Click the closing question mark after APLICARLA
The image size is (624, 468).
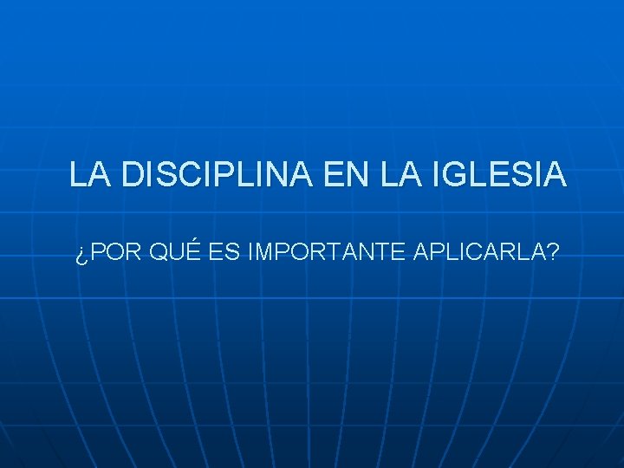click(x=552, y=253)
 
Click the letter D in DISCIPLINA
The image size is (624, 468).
click(x=133, y=175)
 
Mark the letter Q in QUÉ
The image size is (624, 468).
click(x=159, y=253)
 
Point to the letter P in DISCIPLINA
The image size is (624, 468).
click(x=213, y=175)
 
